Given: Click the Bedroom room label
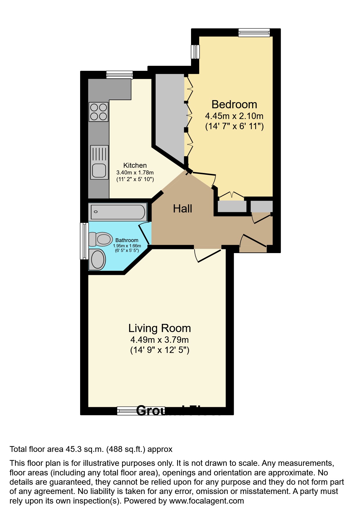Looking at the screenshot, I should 234,104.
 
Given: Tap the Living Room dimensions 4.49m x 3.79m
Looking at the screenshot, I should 159,340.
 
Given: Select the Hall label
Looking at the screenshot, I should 182,209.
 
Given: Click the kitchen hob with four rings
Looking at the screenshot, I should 98,112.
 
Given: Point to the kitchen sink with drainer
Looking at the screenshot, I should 99,162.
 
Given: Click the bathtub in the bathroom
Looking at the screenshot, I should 118,212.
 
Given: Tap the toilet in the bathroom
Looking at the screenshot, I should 101,239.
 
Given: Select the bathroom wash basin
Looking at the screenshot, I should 98,259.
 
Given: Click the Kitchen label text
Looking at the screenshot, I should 135,165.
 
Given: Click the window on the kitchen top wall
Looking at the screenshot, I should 119,75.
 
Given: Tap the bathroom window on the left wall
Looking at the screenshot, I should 84,241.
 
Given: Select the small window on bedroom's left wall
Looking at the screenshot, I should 195,52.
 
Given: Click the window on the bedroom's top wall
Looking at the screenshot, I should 254,32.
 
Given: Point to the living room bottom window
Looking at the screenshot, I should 128,411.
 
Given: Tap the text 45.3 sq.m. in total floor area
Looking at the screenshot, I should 84,449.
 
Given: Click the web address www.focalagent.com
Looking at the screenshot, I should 206,501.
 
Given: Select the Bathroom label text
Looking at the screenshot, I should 127,240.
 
